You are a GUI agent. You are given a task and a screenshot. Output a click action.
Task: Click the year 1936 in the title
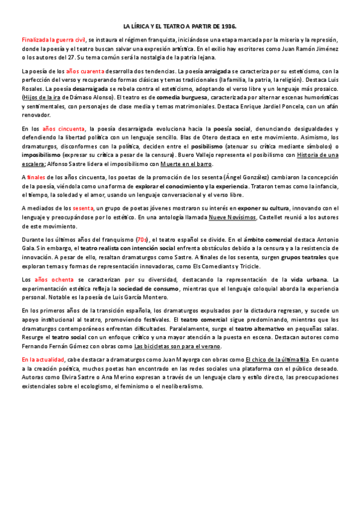[228, 27]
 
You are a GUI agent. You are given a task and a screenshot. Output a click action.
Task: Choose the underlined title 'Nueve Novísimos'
[232, 217]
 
